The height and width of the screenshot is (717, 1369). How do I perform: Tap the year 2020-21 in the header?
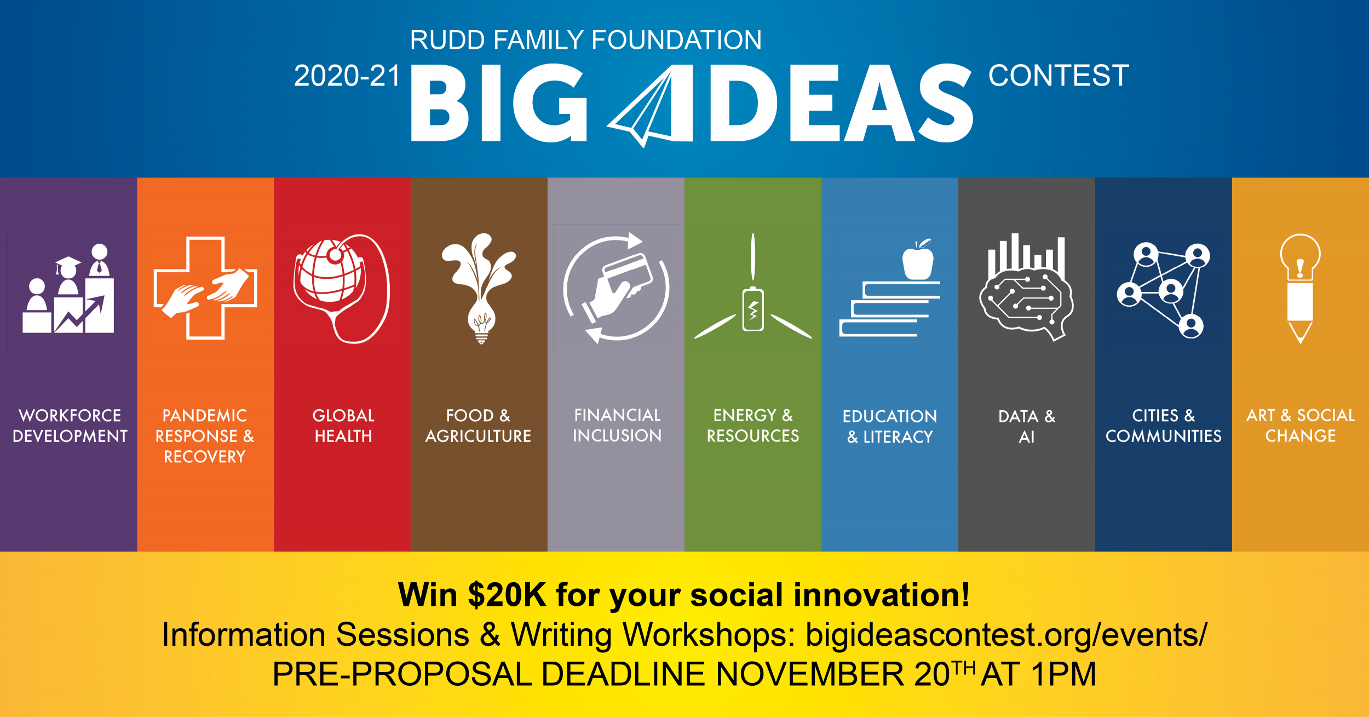[347, 76]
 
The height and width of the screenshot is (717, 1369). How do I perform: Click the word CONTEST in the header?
[1059, 76]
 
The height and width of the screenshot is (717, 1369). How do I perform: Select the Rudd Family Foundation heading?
[586, 40]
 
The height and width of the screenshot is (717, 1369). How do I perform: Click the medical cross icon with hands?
[205, 288]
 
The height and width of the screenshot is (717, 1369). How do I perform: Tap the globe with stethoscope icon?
[342, 289]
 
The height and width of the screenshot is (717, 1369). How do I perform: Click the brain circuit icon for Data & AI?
[1026, 288]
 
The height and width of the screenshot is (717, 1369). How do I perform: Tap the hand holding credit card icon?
[616, 288]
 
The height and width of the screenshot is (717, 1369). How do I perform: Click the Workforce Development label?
[70, 426]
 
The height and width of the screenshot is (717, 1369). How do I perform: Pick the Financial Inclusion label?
[617, 425]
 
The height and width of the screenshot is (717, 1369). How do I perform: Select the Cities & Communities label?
[1164, 426]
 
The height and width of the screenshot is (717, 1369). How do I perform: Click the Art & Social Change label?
[1301, 426]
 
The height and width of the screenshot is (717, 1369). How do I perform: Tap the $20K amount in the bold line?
[507, 595]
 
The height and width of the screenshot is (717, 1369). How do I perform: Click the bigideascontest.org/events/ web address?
[1006, 635]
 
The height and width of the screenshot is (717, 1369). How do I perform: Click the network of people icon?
[1164, 290]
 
